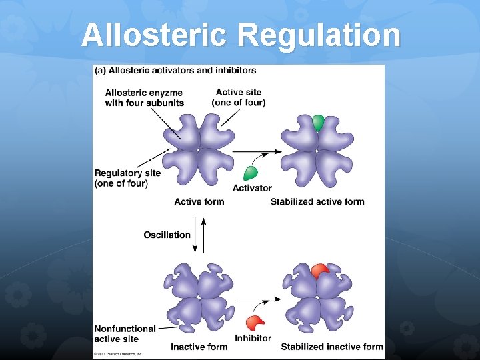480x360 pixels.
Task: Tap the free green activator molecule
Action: tap(251, 173)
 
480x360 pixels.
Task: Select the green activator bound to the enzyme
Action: tap(318, 123)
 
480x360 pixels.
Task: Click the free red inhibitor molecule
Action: tap(254, 323)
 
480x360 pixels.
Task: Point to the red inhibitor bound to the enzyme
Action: tap(319, 270)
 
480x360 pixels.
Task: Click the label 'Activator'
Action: tap(252, 189)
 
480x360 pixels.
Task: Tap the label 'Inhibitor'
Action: tap(253, 338)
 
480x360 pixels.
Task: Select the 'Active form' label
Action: tap(199, 202)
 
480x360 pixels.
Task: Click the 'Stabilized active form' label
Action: tap(317, 202)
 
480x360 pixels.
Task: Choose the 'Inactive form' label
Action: tap(199, 347)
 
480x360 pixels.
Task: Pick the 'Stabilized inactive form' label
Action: tap(332, 347)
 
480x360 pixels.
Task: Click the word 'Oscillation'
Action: tap(167, 235)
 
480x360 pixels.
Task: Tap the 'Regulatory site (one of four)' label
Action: tap(127, 178)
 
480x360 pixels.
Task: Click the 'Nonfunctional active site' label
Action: tap(125, 333)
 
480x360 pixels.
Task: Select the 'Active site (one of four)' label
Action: tap(238, 97)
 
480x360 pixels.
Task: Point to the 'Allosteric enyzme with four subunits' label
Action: tap(144, 97)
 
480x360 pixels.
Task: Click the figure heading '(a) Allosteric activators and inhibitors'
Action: tap(175, 71)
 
